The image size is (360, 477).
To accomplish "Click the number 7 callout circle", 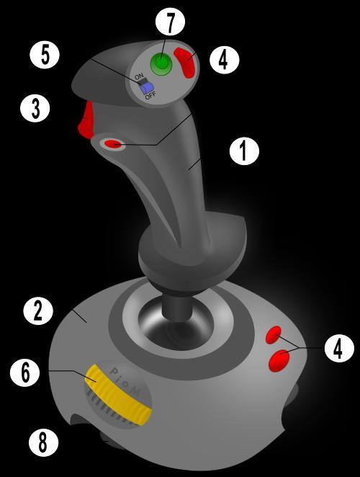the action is click(170, 21).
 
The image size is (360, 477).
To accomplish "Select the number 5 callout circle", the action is click(45, 54).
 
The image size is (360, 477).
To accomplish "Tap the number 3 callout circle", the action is click(35, 107).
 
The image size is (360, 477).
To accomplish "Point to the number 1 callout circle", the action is click(244, 151).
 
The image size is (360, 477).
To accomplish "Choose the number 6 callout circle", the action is click(25, 372).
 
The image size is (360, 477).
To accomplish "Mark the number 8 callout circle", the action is click(43, 442).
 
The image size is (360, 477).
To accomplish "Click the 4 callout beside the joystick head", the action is click(225, 59).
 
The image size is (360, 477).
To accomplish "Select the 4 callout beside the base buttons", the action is click(339, 348).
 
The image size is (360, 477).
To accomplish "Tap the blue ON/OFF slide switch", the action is click(146, 88).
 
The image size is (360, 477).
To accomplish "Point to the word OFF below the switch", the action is click(150, 96).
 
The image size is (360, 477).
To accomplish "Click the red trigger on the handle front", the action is click(86, 120).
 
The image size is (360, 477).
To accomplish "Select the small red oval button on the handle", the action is click(114, 144).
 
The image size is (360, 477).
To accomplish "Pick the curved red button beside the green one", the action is click(185, 63).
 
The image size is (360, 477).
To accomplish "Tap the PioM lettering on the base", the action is click(125, 382).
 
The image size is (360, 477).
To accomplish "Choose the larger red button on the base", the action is click(279, 360).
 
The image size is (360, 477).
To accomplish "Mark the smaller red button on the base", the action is click(274, 335).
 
